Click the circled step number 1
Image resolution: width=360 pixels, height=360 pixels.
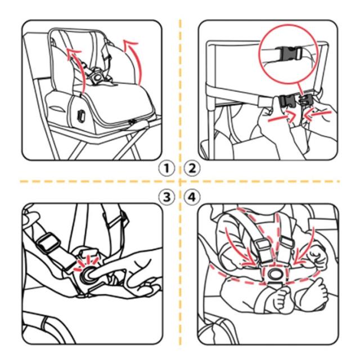click(166, 169)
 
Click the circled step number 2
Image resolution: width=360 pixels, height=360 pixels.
click(192, 169)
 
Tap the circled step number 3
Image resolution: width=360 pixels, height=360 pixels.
click(166, 197)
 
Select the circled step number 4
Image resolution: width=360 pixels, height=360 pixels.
click(192, 197)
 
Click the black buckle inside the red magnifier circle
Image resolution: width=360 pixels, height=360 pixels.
click(288, 53)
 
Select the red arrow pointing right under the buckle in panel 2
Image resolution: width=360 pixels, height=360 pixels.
click(281, 116)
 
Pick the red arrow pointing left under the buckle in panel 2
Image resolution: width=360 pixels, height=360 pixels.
click(317, 114)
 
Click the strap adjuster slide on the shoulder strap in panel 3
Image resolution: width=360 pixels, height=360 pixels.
click(48, 243)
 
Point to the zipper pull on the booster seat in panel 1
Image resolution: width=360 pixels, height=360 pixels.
click(131, 122)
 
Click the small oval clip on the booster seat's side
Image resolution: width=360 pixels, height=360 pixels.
click(81, 115)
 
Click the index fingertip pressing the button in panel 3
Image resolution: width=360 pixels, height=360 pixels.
click(93, 274)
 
